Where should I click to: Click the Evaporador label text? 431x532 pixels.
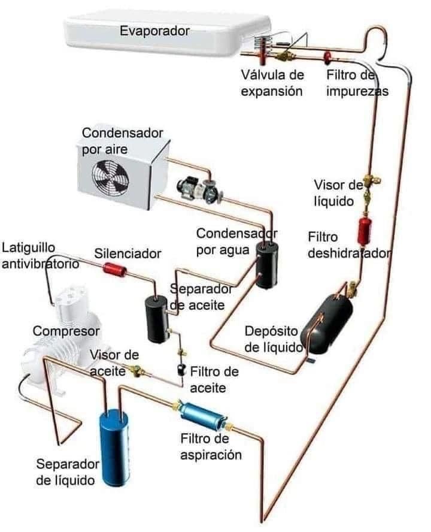(x=154, y=31)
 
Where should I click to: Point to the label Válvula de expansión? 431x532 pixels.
(x=272, y=83)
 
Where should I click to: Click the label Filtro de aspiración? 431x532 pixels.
(x=211, y=447)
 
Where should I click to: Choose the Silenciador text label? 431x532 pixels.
(x=128, y=253)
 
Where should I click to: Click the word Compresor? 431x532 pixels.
(x=66, y=331)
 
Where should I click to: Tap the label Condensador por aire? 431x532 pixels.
(x=122, y=140)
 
